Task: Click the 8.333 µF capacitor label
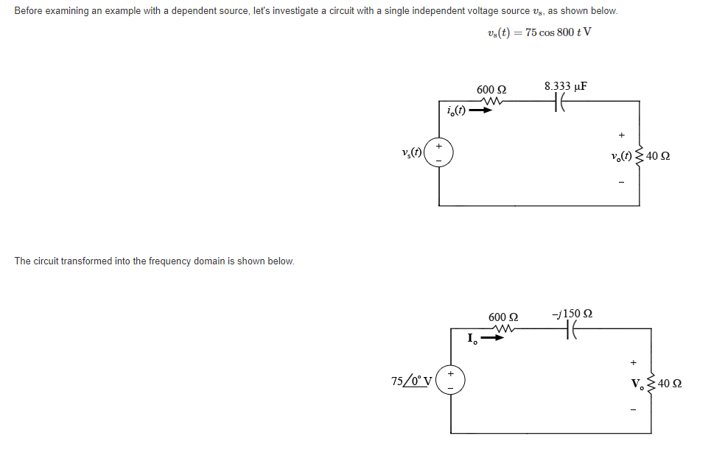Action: pos(565,86)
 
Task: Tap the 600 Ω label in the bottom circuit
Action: pos(502,317)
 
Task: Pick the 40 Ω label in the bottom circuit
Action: pos(669,384)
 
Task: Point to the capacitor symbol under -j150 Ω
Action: pos(570,333)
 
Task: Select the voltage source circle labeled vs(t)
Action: pos(440,153)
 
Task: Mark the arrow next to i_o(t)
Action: pos(480,112)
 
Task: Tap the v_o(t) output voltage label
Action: pos(620,156)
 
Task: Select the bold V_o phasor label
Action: pos(637,384)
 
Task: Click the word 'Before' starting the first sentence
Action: pos(28,11)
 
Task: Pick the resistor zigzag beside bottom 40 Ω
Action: pos(651,384)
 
